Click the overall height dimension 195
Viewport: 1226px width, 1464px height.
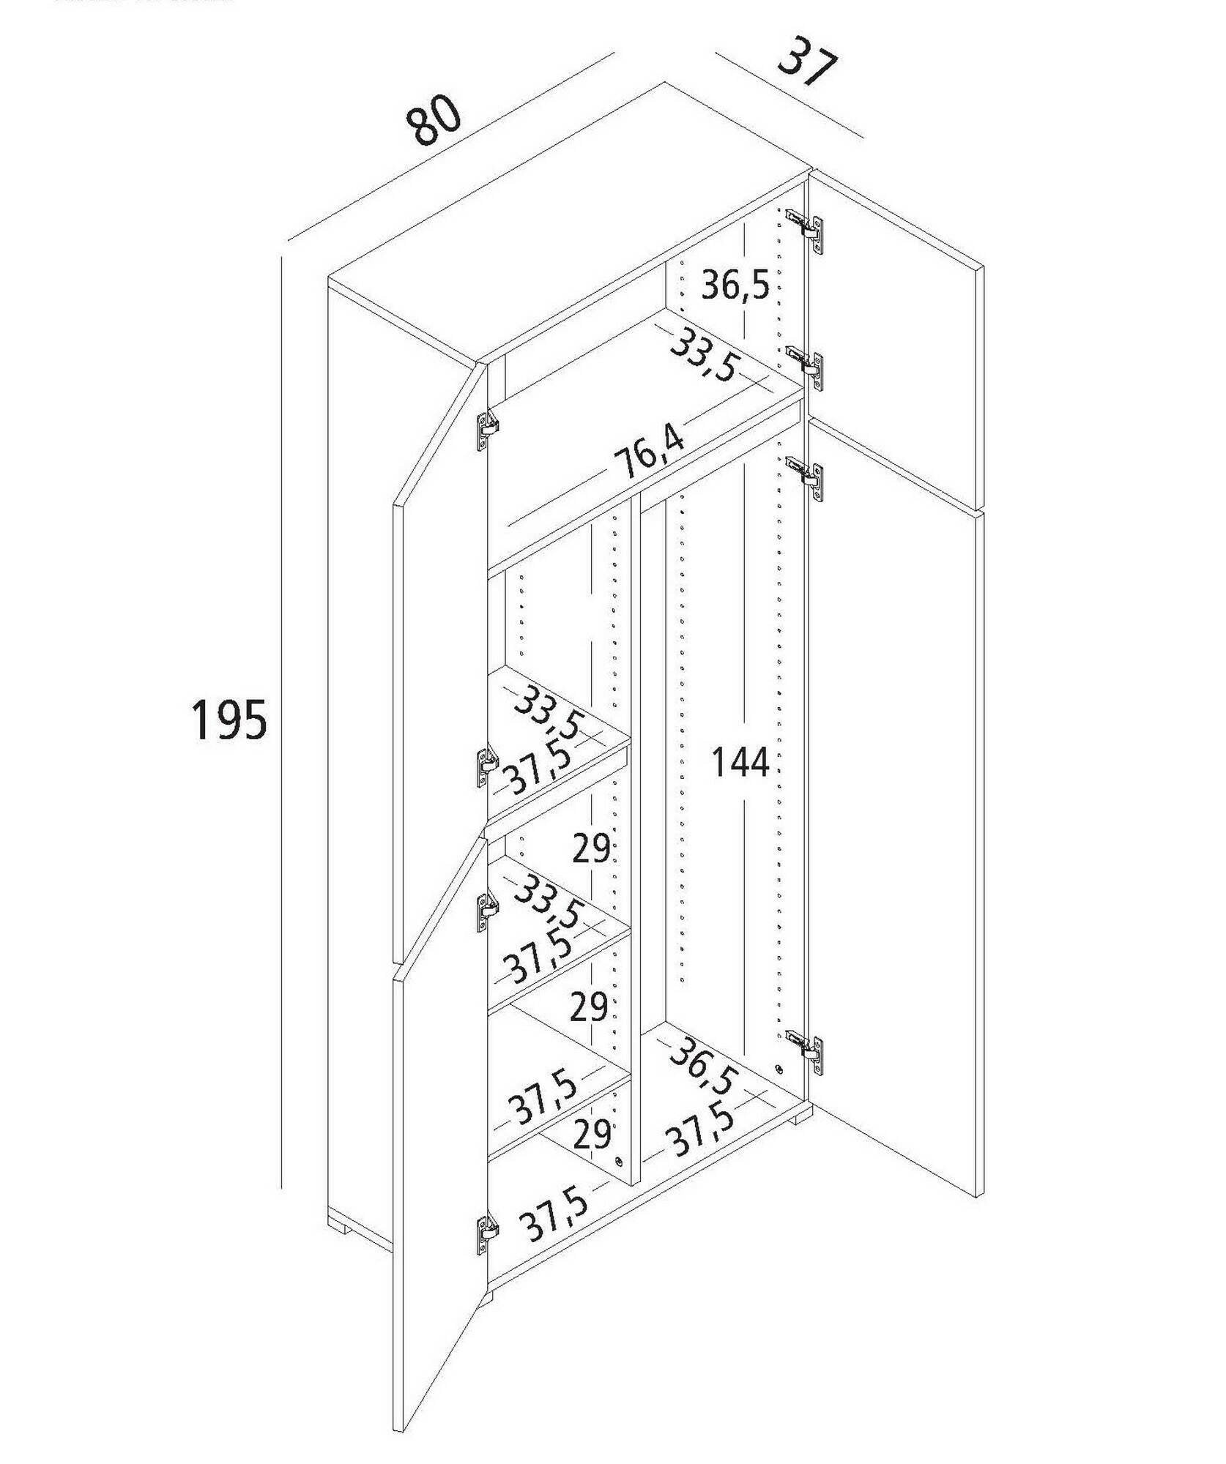pyautogui.click(x=229, y=720)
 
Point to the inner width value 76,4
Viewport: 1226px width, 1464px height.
pyautogui.click(x=650, y=454)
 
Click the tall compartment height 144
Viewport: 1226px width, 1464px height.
pyautogui.click(x=741, y=763)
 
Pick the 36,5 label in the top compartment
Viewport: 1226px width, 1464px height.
pyautogui.click(x=735, y=285)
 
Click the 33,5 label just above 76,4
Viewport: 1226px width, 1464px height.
pyautogui.click(x=703, y=356)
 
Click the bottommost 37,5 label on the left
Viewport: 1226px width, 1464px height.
pyautogui.click(x=554, y=1230)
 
